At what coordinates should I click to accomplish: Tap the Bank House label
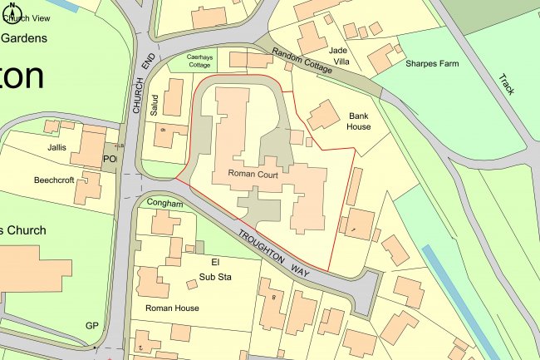[x=359, y=121]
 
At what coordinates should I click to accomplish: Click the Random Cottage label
[x=302, y=60]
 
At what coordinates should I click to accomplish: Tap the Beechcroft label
[x=54, y=180]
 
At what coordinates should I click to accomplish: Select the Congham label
[x=164, y=202]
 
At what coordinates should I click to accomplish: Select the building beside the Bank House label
[x=323, y=116]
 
